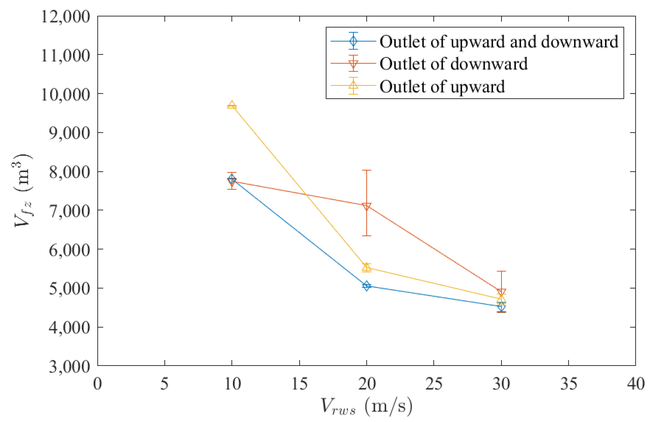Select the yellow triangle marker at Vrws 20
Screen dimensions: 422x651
point(366,267)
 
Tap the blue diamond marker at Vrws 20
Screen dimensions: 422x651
point(366,286)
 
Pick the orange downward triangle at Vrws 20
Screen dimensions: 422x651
point(366,207)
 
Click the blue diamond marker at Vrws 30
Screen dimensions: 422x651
point(501,307)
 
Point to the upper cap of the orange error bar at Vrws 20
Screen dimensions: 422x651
point(366,170)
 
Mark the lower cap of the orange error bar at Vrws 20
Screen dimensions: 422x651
point(366,236)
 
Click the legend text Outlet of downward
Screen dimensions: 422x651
point(453,64)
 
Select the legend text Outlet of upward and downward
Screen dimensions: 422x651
point(499,42)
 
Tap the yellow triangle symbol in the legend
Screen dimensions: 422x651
point(353,85)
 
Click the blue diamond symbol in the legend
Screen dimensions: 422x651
point(353,41)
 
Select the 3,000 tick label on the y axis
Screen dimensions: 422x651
point(69,367)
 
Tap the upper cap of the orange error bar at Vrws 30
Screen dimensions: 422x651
point(501,271)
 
